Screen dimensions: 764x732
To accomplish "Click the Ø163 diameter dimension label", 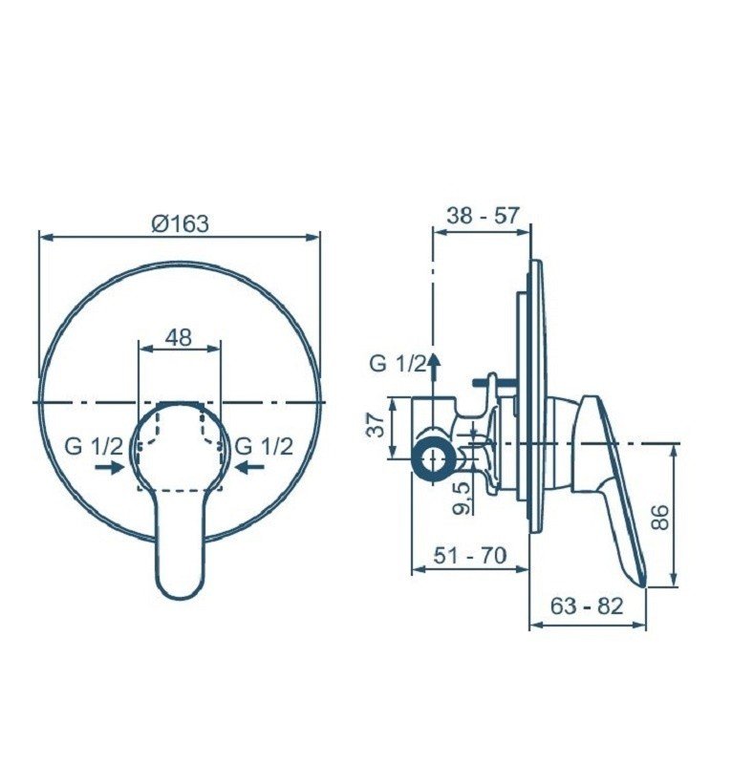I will pos(180,223).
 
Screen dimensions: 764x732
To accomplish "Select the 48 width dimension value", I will pos(179,337).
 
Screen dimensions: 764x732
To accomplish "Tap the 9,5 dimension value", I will pos(461,497).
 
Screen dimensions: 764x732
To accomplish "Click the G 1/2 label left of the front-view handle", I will pos(94,445).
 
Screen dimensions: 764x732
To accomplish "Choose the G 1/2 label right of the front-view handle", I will pos(264,445).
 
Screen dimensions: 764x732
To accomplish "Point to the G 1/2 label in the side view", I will pos(397,363).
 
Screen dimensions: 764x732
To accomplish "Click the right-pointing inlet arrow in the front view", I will pos(110,467).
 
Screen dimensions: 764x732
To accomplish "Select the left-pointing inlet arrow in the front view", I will pos(250,467).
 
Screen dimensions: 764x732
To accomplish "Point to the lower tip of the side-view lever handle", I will pos(641,582).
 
